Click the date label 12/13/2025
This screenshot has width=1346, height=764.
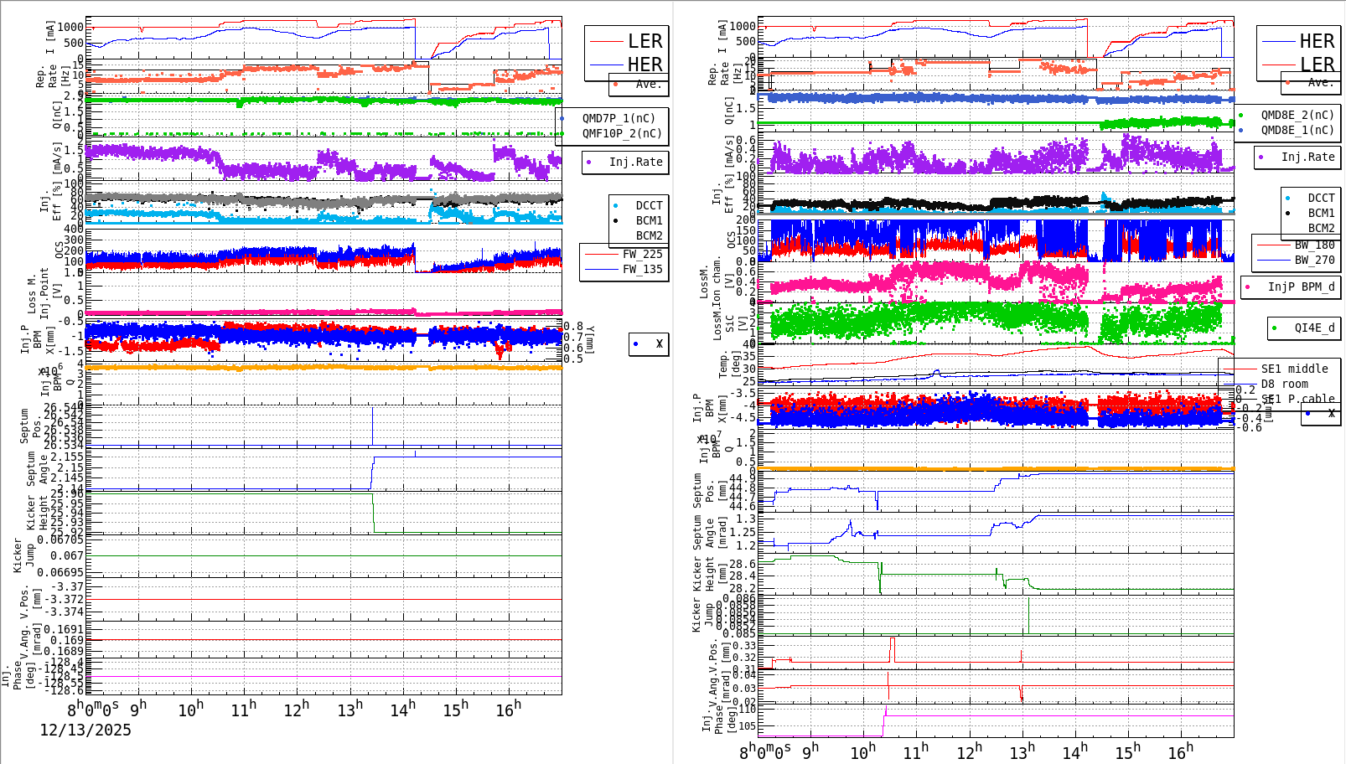[85, 730]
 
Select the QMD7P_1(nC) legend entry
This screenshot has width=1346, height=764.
[619, 118]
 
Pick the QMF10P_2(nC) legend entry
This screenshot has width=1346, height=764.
[621, 133]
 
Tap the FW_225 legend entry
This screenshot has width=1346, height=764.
[642, 254]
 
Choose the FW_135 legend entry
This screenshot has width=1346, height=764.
[642, 269]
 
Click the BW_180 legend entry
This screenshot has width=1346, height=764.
[1314, 245]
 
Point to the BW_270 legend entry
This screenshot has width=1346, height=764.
[1314, 260]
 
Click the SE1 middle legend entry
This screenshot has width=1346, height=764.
[1294, 369]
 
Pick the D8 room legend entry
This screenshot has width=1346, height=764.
[1284, 384]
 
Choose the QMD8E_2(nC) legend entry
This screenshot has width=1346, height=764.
[1297, 115]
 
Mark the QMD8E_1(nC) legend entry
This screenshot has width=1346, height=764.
[1297, 130]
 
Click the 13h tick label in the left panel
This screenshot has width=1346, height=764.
[350, 710]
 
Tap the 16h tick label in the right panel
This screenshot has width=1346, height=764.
[1180, 752]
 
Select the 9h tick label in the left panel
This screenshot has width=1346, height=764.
[138, 707]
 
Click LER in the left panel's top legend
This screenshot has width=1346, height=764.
[645, 41]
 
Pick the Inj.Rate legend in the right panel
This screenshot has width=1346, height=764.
[1307, 157]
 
